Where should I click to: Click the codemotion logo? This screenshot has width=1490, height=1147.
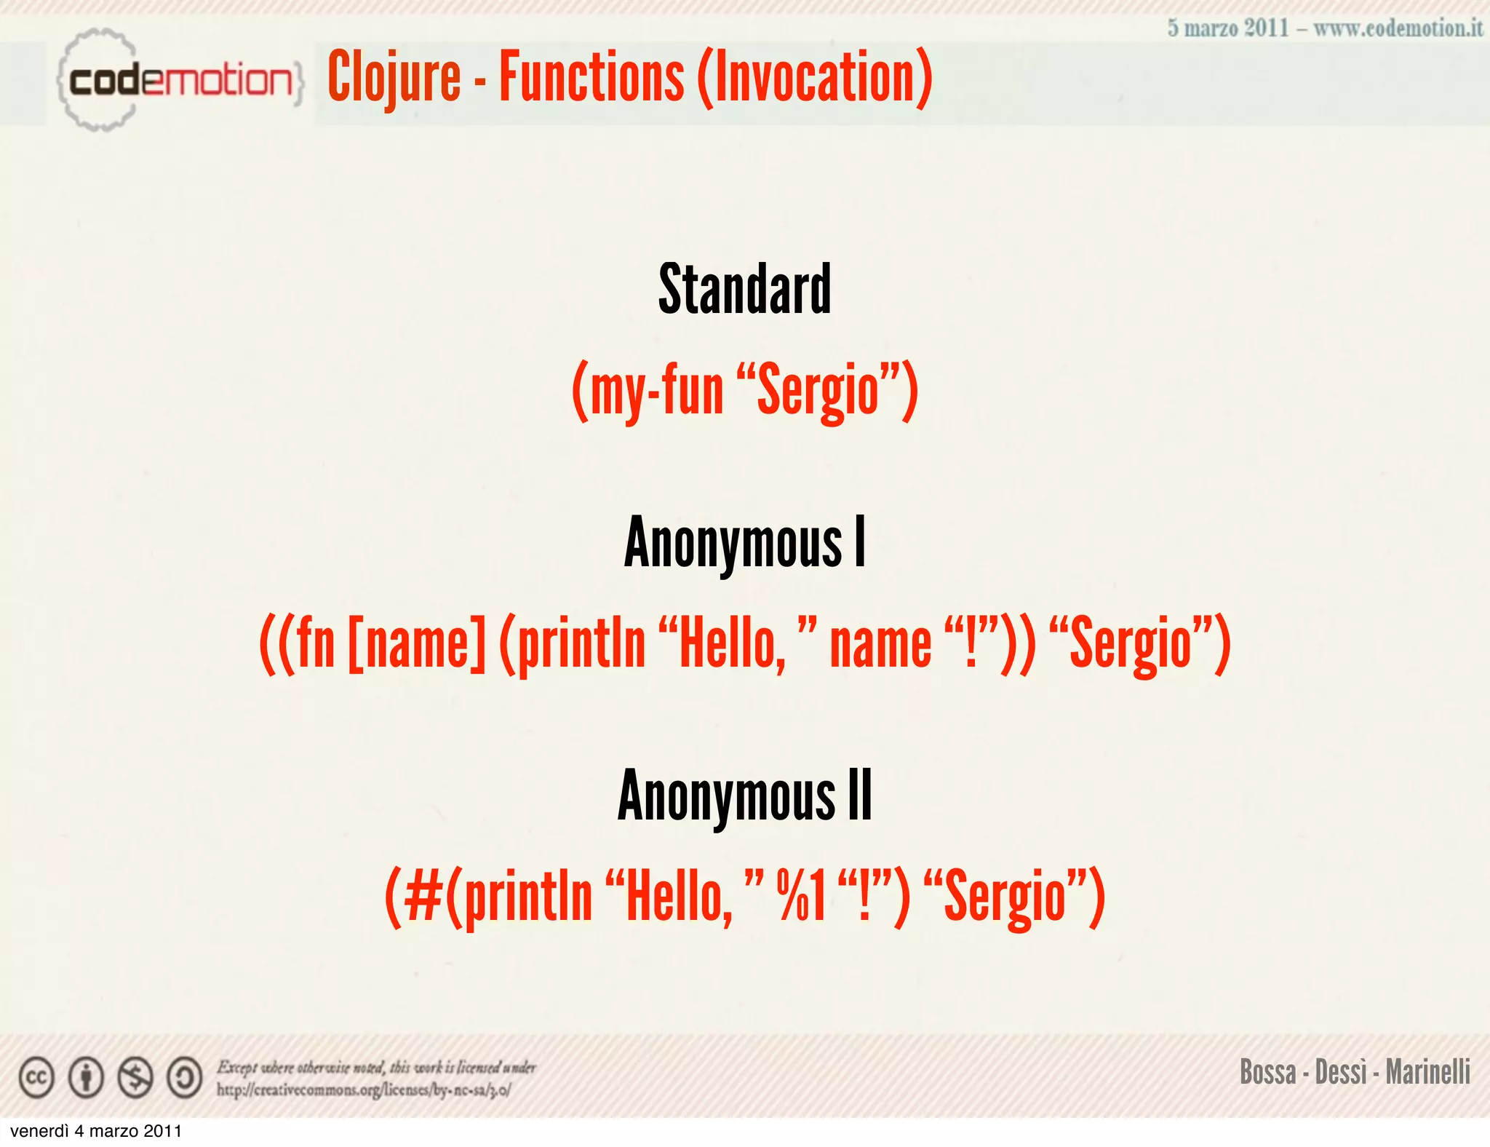point(179,80)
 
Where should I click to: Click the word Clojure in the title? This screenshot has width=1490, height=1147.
point(394,77)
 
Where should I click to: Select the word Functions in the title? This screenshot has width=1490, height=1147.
point(591,77)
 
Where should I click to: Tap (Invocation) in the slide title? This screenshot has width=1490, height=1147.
point(815,77)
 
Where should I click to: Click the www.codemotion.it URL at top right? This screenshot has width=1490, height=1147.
point(1398,28)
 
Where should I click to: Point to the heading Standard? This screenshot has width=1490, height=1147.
point(744,289)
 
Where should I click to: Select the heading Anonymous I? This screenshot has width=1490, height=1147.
point(745,542)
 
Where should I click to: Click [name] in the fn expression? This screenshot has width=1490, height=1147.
point(417,643)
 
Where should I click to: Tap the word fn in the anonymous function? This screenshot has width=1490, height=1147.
point(315,643)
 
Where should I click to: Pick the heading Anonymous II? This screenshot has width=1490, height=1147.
point(745,795)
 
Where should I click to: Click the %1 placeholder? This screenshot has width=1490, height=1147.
point(801,897)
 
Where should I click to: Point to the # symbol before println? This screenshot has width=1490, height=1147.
point(423,897)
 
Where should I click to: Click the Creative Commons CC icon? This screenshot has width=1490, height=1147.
point(36,1078)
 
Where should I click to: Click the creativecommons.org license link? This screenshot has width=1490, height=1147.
point(363,1090)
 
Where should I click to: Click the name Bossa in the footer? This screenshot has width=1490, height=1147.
point(1267,1072)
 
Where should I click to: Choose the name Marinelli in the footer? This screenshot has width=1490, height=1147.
point(1427,1072)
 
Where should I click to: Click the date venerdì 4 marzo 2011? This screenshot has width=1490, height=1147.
point(96,1131)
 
